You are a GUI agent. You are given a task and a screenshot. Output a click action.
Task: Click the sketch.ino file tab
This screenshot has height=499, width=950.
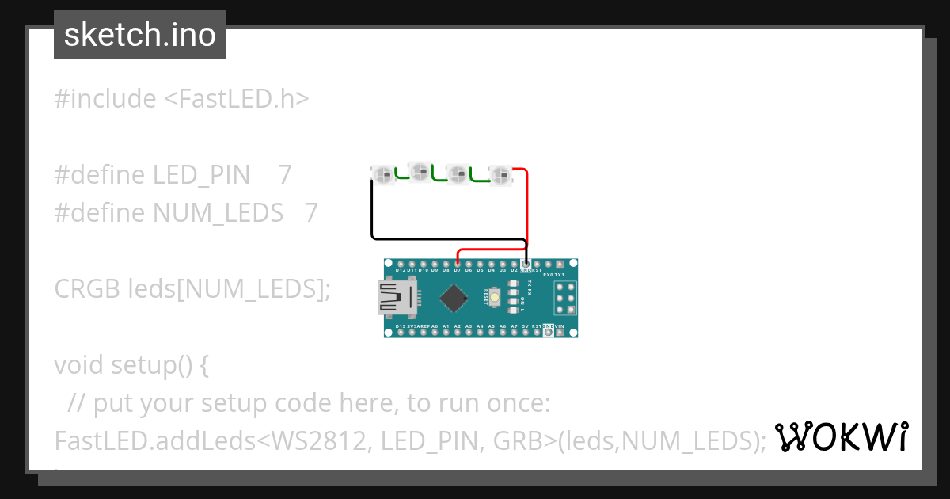pyautogui.click(x=140, y=35)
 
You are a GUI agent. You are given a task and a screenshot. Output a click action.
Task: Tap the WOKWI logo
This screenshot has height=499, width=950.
pyautogui.click(x=842, y=436)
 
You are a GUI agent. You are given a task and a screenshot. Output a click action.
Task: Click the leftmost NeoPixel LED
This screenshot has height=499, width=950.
pyautogui.click(x=383, y=174)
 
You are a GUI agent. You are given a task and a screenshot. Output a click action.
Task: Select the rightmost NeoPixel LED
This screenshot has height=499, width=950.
pyautogui.click(x=500, y=174)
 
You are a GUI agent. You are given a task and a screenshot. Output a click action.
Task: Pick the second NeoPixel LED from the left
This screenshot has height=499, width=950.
pyautogui.click(x=420, y=171)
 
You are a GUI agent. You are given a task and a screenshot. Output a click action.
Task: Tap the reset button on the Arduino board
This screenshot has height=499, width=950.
pyautogui.click(x=495, y=298)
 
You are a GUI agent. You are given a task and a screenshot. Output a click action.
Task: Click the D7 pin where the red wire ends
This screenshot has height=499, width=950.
pyautogui.click(x=458, y=263)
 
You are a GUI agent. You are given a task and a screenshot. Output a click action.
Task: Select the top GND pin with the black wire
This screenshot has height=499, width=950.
pyautogui.click(x=526, y=263)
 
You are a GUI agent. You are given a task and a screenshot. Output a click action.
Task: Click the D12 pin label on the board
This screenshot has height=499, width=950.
pyautogui.click(x=401, y=270)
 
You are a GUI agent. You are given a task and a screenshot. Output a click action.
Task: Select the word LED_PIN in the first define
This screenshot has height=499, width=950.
pyautogui.click(x=201, y=174)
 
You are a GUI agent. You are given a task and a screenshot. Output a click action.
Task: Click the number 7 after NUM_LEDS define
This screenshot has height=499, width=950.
pyautogui.click(x=311, y=212)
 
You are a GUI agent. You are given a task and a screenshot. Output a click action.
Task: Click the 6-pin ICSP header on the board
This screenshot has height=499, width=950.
pyautogui.click(x=565, y=298)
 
